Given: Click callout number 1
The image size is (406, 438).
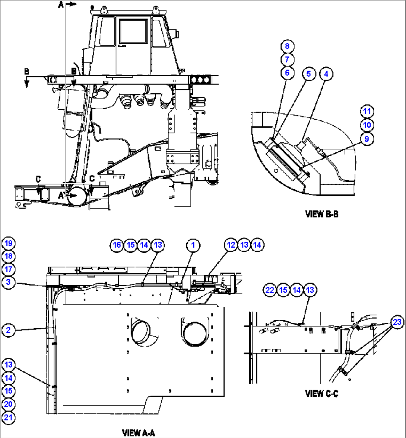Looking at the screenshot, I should click(x=193, y=245).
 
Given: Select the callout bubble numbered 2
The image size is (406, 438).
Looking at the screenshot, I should click(x=8, y=330).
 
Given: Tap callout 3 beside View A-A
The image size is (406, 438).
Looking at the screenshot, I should click(x=8, y=283).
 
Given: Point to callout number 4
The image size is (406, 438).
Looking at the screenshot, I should click(x=326, y=74).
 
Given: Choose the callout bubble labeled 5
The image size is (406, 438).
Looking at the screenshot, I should click(x=308, y=74).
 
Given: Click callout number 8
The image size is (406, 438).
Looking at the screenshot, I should click(x=287, y=46).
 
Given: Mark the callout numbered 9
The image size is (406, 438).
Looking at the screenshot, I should click(x=367, y=139).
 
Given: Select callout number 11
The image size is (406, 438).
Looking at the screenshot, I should click(x=367, y=111).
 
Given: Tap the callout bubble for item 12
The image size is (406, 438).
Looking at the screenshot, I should click(x=231, y=245).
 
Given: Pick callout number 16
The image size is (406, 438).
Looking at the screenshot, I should click(x=117, y=245).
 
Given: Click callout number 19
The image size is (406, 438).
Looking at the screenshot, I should click(x=8, y=244).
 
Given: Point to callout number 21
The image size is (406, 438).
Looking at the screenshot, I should click(x=8, y=418).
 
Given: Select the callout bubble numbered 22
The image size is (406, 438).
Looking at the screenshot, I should click(x=270, y=290).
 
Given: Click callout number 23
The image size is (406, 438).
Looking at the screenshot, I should click(x=397, y=322).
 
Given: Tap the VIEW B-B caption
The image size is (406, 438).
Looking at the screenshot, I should click(x=322, y=214).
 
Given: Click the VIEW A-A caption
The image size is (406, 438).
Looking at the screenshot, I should click(x=139, y=433).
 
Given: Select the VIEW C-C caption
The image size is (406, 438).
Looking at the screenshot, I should click(x=322, y=393).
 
